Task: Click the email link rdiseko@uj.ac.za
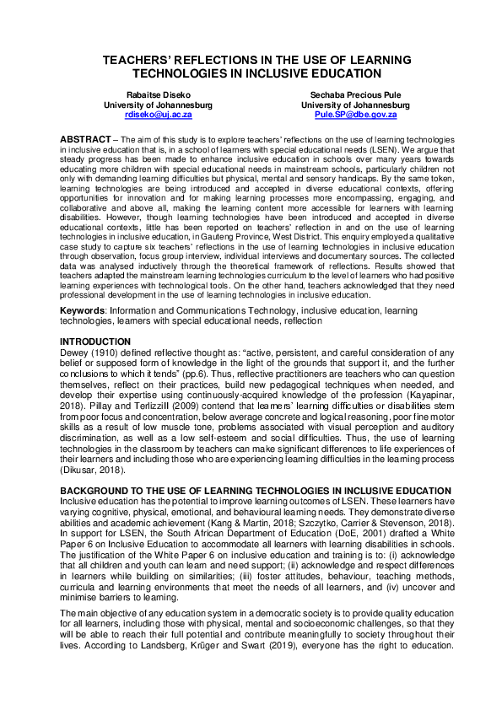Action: coord(158,113)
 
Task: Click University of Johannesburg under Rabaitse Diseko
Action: coord(158,105)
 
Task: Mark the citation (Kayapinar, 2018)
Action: coord(413,371)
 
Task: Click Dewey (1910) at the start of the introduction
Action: coord(85,327)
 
